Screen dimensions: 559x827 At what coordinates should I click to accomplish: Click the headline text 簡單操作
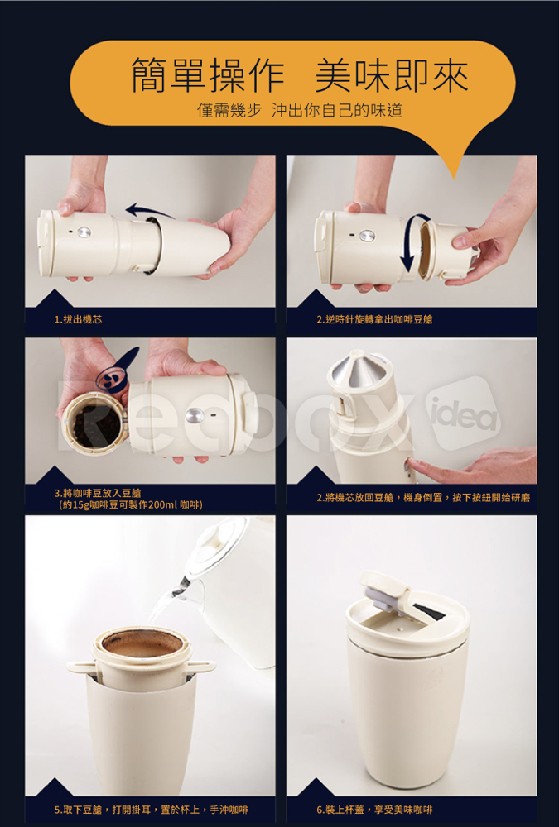tap(208, 74)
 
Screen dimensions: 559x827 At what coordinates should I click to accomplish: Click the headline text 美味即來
tap(392, 74)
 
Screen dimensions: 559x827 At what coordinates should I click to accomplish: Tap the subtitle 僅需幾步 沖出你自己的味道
tap(300, 110)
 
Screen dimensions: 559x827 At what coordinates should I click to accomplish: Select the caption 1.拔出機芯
tap(78, 319)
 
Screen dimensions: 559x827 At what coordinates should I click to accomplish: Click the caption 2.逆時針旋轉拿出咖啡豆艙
tap(374, 319)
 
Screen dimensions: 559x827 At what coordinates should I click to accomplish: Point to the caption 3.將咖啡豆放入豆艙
tap(98, 493)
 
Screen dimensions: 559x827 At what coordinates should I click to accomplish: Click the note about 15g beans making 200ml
tap(131, 504)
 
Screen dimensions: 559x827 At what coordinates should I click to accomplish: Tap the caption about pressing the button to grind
tap(422, 497)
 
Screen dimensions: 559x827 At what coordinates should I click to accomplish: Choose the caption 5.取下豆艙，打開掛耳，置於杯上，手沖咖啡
tap(151, 810)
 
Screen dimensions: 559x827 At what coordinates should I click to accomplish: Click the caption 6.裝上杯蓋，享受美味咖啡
tap(374, 810)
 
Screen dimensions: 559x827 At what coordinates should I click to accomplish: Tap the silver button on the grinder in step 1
tap(84, 232)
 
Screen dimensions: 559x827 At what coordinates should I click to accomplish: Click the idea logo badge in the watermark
tap(464, 413)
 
